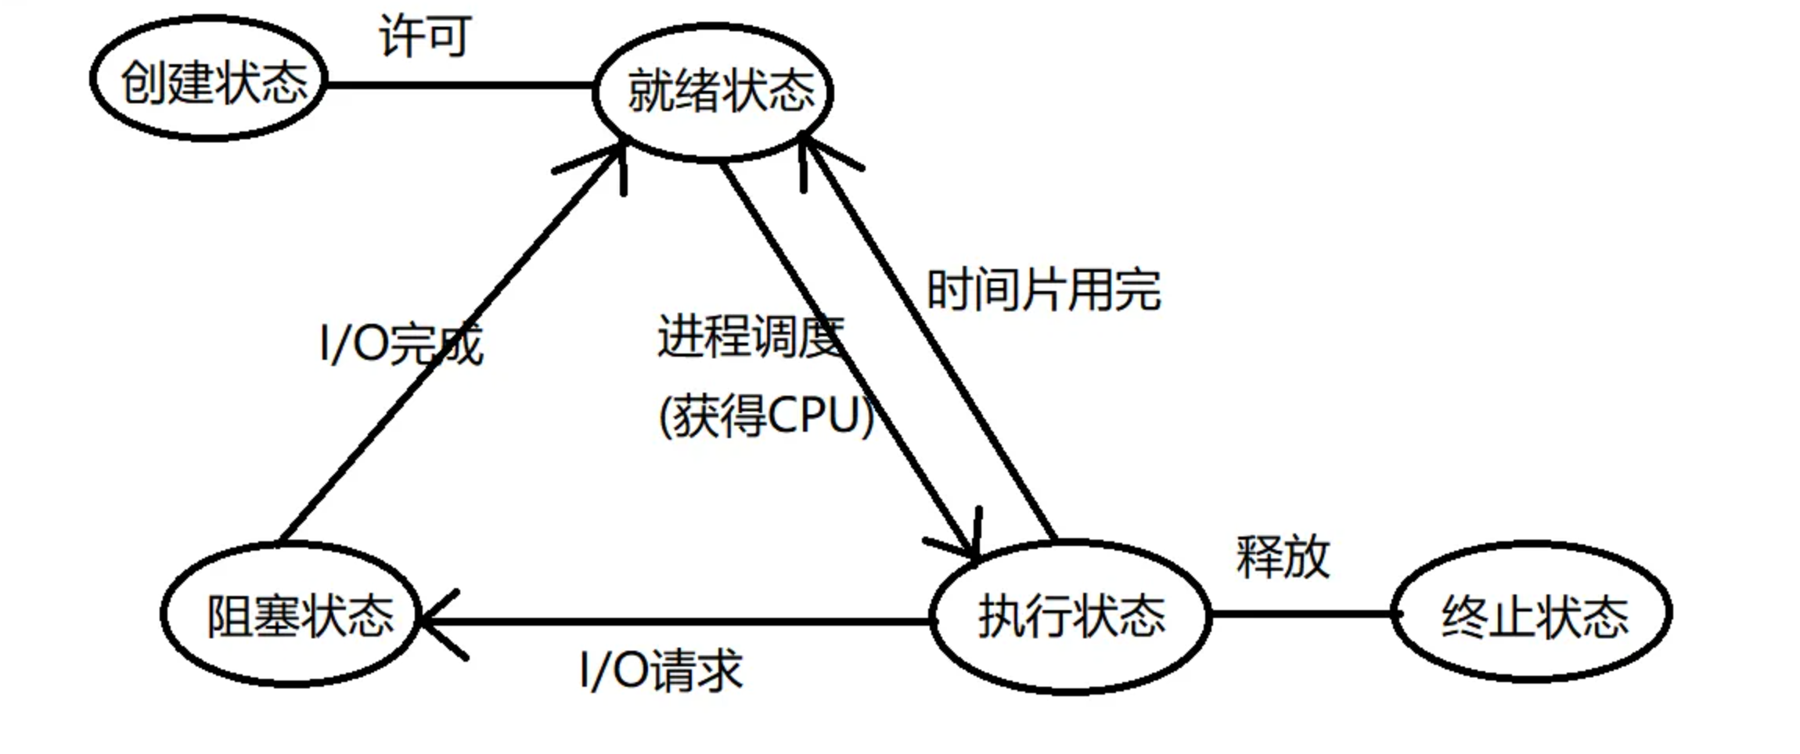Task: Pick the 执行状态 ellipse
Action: click(x=1070, y=616)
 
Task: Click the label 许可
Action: click(x=425, y=35)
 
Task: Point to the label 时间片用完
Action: click(x=1043, y=290)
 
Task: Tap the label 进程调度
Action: click(x=750, y=337)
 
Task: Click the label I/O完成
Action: click(x=401, y=343)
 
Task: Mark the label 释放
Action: click(x=1283, y=557)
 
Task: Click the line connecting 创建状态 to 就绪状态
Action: click(x=460, y=84)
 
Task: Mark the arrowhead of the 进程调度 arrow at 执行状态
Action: click(x=970, y=548)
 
